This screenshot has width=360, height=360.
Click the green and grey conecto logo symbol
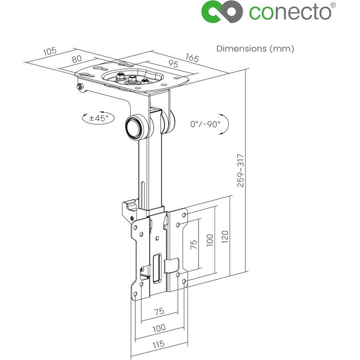pos(222,12)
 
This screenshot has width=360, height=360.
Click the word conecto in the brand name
pos(290,12)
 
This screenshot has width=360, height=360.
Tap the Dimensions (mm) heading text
pos(255,49)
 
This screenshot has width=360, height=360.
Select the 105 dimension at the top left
pos(50,51)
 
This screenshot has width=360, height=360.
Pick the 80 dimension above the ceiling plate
pos(77,59)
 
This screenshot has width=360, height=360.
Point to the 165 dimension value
pos(192,58)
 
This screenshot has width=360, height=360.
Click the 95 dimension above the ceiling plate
pos(173,64)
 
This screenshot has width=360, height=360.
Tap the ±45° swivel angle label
pos(99,118)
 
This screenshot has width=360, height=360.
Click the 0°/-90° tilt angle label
pos(205,124)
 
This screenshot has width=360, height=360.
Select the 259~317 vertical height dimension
pos(241,171)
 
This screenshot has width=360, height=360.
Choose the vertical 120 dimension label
pos(225,237)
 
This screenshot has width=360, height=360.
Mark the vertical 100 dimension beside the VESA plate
pos(210,240)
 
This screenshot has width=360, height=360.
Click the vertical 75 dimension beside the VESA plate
pos(193,244)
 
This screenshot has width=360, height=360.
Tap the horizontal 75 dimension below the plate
pos(159,312)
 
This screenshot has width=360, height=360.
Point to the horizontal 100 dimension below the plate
pos(159,328)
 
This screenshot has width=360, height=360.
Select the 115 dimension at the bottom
pos(158,344)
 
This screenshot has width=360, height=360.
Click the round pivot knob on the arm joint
pos(135,127)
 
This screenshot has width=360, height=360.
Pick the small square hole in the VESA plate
pos(157,238)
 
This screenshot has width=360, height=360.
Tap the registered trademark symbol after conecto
pos(333,5)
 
